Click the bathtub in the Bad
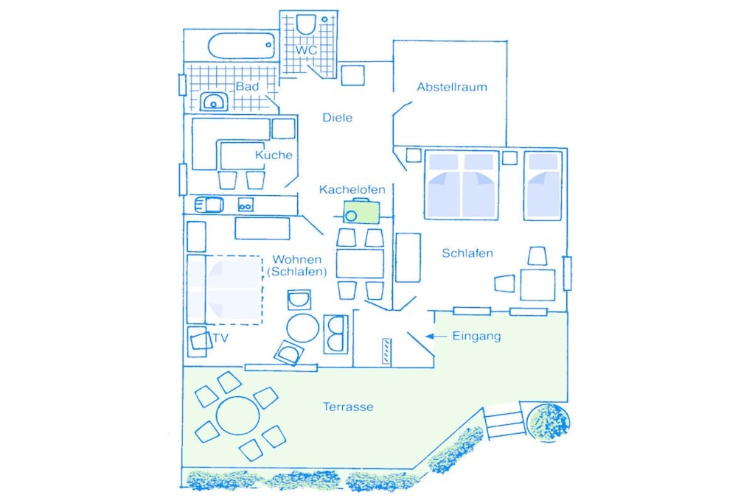[x=242, y=46]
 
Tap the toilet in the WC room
[x=306, y=24]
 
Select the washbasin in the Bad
[x=214, y=102]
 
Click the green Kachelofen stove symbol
[x=361, y=211]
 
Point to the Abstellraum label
[x=452, y=87]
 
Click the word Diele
[x=337, y=117]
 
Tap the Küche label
[x=274, y=155]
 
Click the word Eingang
[x=476, y=336]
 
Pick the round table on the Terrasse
[x=238, y=415]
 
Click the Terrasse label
[x=348, y=407]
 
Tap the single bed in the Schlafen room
[x=543, y=186]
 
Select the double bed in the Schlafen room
[x=462, y=185]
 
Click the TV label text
[x=220, y=338]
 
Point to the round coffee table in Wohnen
[x=302, y=328]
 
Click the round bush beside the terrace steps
[x=549, y=422]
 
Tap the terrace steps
[x=504, y=421]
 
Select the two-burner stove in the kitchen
[x=246, y=205]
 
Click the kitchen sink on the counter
[x=209, y=205]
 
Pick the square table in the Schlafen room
[x=537, y=285]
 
